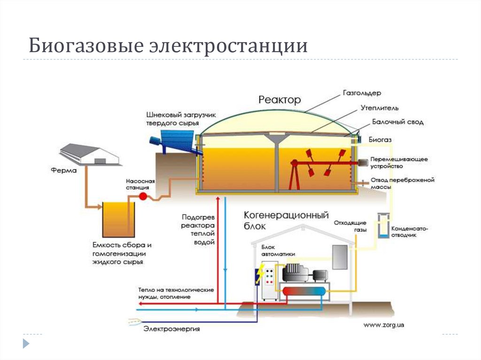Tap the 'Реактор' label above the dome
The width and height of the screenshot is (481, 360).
pos(279,100)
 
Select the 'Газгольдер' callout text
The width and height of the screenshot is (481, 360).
pos(361,93)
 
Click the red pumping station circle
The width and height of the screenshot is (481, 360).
pos(144,196)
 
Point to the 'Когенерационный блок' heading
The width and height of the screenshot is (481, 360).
pos(285,220)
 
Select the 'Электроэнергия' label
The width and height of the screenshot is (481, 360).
pos(171,329)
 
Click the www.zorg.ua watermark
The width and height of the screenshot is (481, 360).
pos(384,324)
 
